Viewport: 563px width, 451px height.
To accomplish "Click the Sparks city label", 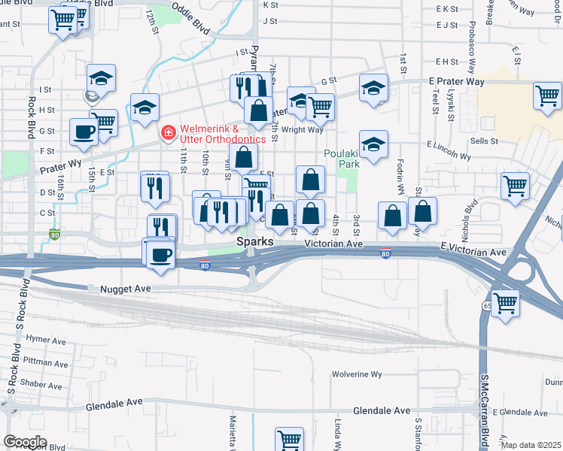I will [x=255, y=242].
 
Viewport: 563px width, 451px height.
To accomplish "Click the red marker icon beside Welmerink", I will [x=168, y=133].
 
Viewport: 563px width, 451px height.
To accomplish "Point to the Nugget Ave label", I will [x=120, y=288].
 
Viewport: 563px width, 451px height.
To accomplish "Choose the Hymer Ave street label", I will [x=46, y=341].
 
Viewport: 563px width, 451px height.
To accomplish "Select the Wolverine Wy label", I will [x=358, y=374].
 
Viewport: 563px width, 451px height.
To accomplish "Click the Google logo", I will [x=25, y=441].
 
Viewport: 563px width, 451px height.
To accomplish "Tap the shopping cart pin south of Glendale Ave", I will [x=289, y=439].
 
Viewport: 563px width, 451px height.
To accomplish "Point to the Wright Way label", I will [x=303, y=130].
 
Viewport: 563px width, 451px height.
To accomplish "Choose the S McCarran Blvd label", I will [x=485, y=410].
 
